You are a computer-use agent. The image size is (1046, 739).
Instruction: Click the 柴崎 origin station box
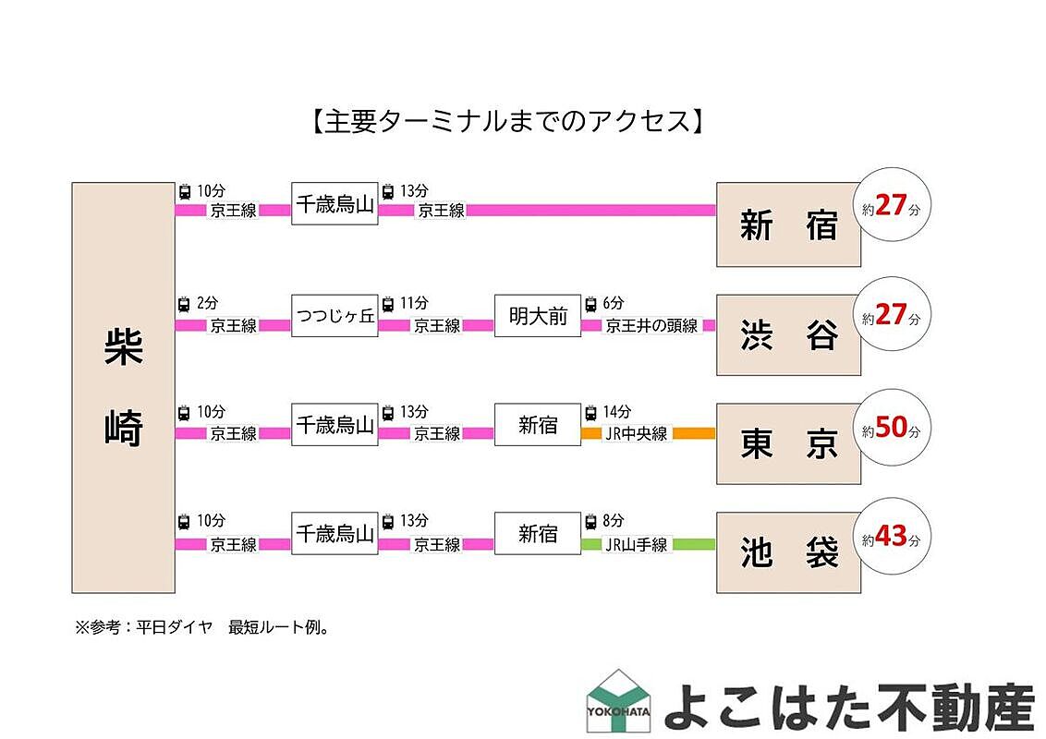[x=123, y=387]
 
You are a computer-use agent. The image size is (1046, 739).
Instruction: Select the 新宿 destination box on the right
[x=788, y=224]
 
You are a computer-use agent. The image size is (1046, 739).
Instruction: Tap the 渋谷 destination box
[x=788, y=334]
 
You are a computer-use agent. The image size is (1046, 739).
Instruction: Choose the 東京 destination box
[x=788, y=444]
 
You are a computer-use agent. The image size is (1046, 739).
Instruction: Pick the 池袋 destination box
[x=788, y=553]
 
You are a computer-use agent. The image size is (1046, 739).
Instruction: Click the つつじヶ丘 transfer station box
[x=334, y=316]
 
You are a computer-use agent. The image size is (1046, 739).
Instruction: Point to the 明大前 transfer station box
[x=537, y=316]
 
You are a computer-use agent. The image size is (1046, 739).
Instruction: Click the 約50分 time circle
[x=891, y=428]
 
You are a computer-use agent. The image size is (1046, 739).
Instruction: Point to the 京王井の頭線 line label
[x=651, y=325]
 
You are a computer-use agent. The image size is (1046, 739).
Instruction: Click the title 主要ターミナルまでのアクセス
[x=504, y=122]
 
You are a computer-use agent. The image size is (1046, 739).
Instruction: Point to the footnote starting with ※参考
[x=201, y=627]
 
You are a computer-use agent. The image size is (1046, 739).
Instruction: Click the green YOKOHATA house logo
[x=618, y=699]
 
